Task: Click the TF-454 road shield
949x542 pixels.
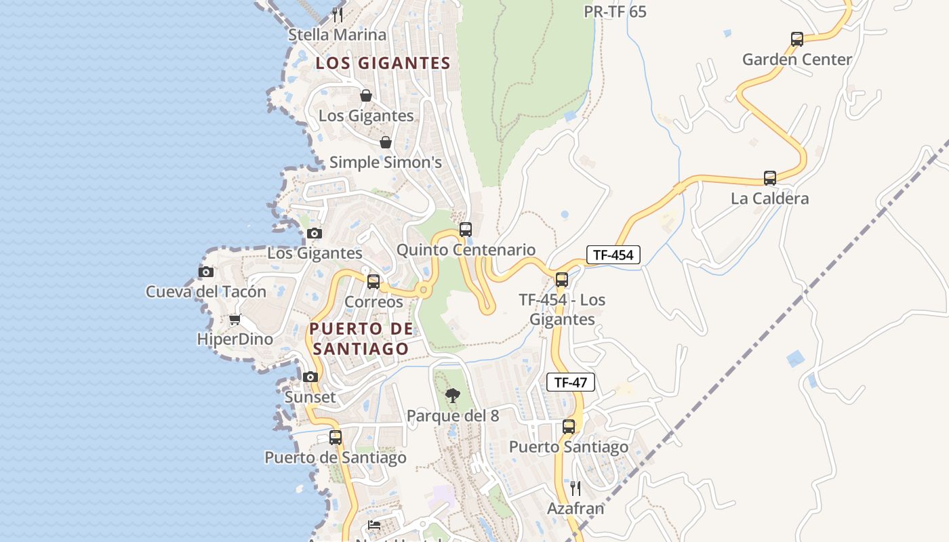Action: (613, 255)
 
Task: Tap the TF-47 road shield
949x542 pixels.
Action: (571, 382)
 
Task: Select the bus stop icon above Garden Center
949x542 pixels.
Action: (797, 39)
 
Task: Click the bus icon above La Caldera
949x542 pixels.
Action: (770, 178)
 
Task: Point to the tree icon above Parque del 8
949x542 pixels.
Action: (453, 395)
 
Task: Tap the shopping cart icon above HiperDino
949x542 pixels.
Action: (235, 319)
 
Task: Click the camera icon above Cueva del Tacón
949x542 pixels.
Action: (206, 272)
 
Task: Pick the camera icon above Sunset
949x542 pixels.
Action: (310, 377)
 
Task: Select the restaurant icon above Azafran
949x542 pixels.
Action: (576, 488)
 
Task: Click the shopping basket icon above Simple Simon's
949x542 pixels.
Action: (386, 142)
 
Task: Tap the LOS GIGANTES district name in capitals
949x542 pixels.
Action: (384, 63)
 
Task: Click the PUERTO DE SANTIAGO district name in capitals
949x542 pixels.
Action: (361, 339)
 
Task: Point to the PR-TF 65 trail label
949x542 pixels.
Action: (615, 12)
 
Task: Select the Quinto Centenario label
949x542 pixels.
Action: (466, 250)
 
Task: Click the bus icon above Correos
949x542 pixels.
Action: (373, 282)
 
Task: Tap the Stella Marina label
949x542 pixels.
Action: (338, 35)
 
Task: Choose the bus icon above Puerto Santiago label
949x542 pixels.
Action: (569, 427)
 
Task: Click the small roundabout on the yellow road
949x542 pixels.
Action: (424, 290)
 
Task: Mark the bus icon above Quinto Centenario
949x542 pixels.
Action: (466, 230)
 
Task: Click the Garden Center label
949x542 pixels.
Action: (797, 60)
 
